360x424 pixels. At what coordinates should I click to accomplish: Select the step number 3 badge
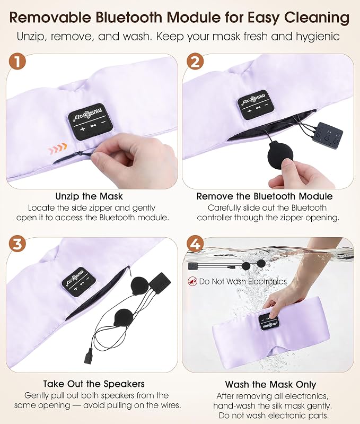pyautogui.click(x=17, y=244)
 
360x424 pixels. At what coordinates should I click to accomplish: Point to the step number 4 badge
pyautogui.click(x=195, y=244)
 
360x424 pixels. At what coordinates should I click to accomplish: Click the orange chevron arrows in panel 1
pyautogui.click(x=57, y=149)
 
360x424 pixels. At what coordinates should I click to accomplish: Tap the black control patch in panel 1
pyautogui.click(x=86, y=122)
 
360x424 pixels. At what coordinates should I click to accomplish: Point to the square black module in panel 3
pyautogui.click(x=160, y=284)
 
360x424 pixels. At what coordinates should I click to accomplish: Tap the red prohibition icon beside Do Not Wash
pyautogui.click(x=192, y=281)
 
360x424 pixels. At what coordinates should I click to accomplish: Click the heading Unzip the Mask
pyautogui.click(x=89, y=196)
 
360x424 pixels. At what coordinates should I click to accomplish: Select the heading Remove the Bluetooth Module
pyautogui.click(x=265, y=196)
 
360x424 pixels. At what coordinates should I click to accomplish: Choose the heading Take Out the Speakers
pyautogui.click(x=94, y=384)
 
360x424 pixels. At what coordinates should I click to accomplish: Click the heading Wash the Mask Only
pyautogui.click(x=270, y=384)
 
